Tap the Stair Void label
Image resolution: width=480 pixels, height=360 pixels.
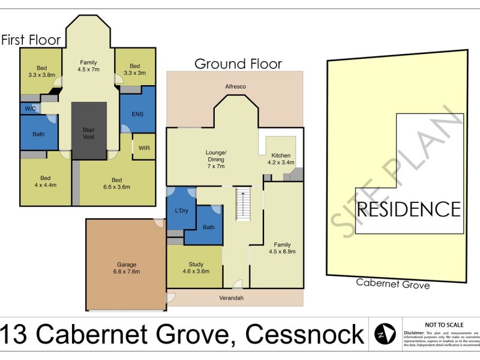click(89, 133)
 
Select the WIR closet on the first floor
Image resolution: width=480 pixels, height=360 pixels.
click(144, 147)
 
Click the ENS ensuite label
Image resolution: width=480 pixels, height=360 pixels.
click(137, 114)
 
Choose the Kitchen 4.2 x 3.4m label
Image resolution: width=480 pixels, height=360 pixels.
click(280, 158)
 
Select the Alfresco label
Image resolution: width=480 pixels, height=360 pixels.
click(235, 87)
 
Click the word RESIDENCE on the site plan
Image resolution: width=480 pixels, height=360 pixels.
click(409, 209)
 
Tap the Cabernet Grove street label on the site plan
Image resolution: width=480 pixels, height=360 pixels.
click(392, 284)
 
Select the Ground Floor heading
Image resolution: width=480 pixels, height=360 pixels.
click(238, 64)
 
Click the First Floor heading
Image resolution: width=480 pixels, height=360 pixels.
click(31, 40)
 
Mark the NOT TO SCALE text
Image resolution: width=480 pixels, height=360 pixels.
click(442, 324)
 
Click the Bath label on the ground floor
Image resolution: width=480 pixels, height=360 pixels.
click(209, 227)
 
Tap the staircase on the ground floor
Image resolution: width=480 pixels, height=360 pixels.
click(242, 203)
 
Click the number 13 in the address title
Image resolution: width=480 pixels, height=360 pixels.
click(16, 334)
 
